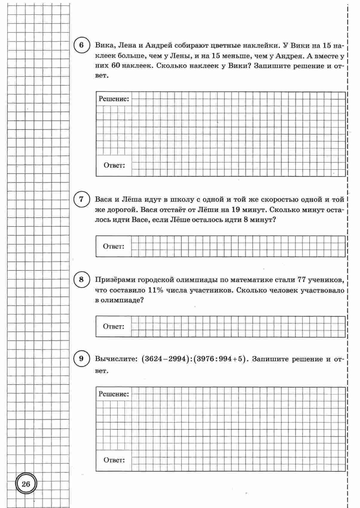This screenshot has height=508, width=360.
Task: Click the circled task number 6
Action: point(82,46)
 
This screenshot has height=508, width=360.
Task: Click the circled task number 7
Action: point(82,199)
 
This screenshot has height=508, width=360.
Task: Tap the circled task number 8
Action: point(82,280)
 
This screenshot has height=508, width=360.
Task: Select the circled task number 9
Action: point(82,358)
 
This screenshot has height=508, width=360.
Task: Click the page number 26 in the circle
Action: point(26,484)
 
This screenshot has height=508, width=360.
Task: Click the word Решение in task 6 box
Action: point(114,99)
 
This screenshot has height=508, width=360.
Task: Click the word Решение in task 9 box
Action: point(114,394)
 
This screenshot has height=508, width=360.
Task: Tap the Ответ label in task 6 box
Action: point(114,165)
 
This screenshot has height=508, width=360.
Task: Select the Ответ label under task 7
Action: point(113,246)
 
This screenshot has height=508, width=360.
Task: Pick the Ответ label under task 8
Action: point(113,326)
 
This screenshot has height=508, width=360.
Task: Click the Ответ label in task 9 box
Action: point(114,460)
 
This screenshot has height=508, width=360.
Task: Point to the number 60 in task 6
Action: point(115,65)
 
